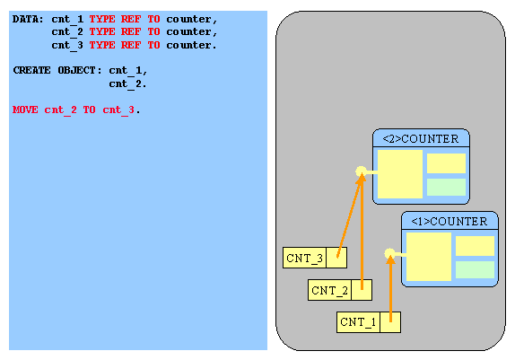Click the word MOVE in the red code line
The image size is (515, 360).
tap(25, 110)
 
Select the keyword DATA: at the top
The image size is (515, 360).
tap(28, 19)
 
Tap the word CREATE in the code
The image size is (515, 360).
tap(32, 70)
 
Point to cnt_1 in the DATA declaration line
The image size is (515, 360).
tap(67, 20)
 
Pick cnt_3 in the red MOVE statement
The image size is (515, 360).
tap(118, 110)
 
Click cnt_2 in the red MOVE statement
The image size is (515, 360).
tap(60, 110)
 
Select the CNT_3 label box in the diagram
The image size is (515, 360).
tap(304, 258)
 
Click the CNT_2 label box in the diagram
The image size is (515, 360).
tap(329, 290)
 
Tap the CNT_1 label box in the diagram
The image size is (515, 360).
tap(358, 322)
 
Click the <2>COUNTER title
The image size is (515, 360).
tap(421, 139)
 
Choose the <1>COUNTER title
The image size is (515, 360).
tap(450, 221)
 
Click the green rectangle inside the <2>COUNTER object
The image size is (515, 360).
tap(446, 187)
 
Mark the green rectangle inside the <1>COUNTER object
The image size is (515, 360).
tap(475, 269)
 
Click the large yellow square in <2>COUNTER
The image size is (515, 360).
tap(400, 174)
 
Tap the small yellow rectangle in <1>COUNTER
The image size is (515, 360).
tap(475, 246)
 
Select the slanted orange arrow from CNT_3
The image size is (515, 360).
tap(350, 215)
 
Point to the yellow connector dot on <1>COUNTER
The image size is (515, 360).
tap(389, 253)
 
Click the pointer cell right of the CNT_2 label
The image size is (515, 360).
tap(362, 290)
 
